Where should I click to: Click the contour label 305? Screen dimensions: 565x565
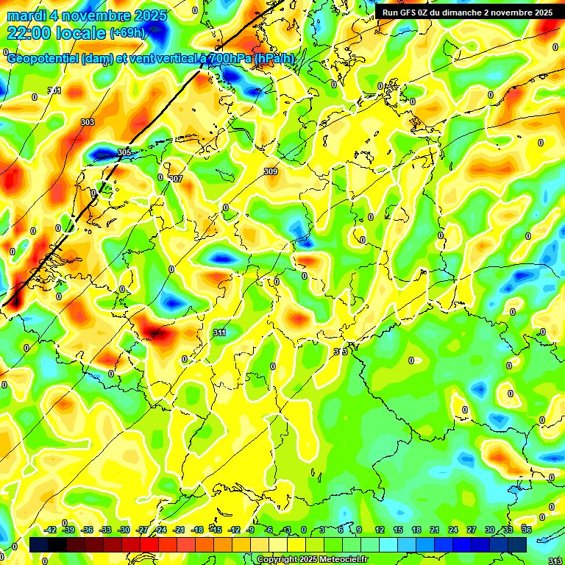pyautogui.click(x=124, y=152)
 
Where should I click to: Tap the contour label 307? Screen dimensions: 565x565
pyautogui.click(x=176, y=179)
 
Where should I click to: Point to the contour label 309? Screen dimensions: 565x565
pyautogui.click(x=271, y=171)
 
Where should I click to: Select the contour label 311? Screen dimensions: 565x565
pyautogui.click(x=219, y=333)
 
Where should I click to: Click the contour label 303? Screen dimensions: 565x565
pyautogui.click(x=88, y=122)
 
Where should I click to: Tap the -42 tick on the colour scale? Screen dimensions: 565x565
pyautogui.click(x=51, y=530)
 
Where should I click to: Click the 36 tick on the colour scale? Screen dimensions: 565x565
pyautogui.click(x=527, y=530)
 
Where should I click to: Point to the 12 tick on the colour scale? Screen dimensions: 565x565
pyautogui.click(x=380, y=530)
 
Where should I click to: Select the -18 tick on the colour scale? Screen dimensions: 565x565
pyautogui.click(x=197, y=530)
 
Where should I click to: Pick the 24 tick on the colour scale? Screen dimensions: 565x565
pyautogui.click(x=453, y=530)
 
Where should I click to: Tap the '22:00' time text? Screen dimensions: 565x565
pyautogui.click(x=29, y=33)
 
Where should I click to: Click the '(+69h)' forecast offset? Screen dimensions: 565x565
pyautogui.click(x=127, y=33)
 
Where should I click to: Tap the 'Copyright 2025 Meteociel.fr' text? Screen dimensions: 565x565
pyautogui.click(x=312, y=559)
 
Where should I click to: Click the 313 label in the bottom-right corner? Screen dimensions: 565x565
pyautogui.click(x=555, y=561)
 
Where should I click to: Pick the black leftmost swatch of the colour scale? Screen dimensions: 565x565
pyautogui.click(x=39, y=544)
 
